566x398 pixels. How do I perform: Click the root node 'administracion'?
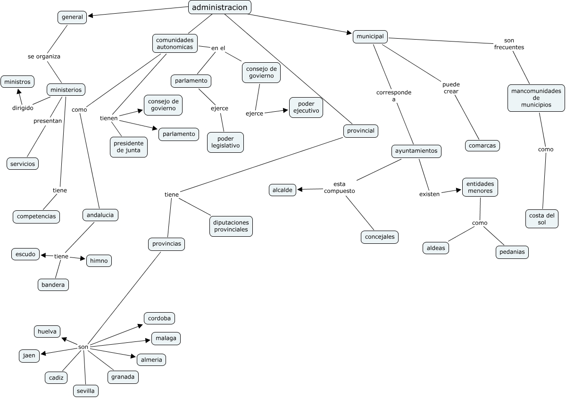click(x=220, y=7)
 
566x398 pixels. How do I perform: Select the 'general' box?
click(x=72, y=17)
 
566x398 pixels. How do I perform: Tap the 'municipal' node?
click(x=370, y=36)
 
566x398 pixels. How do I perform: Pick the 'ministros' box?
click(x=17, y=82)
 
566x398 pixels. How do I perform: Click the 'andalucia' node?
click(x=100, y=215)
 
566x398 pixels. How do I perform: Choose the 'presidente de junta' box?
click(x=129, y=147)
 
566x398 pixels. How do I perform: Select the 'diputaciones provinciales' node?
click(x=231, y=226)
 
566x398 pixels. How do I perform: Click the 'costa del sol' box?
click(x=541, y=219)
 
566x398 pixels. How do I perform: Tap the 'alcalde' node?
click(x=283, y=190)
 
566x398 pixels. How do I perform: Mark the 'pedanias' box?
click(x=512, y=252)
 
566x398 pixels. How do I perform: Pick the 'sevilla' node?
click(x=86, y=391)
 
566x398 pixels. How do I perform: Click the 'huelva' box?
click(x=47, y=332)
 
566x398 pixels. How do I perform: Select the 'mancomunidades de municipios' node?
click(x=536, y=98)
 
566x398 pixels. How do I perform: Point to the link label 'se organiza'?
click(x=44, y=56)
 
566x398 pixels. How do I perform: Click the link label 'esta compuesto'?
click(x=339, y=187)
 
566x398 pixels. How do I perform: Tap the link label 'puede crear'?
click(x=451, y=88)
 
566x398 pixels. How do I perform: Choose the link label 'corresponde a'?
click(x=394, y=96)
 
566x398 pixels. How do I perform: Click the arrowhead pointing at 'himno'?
click(x=83, y=258)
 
